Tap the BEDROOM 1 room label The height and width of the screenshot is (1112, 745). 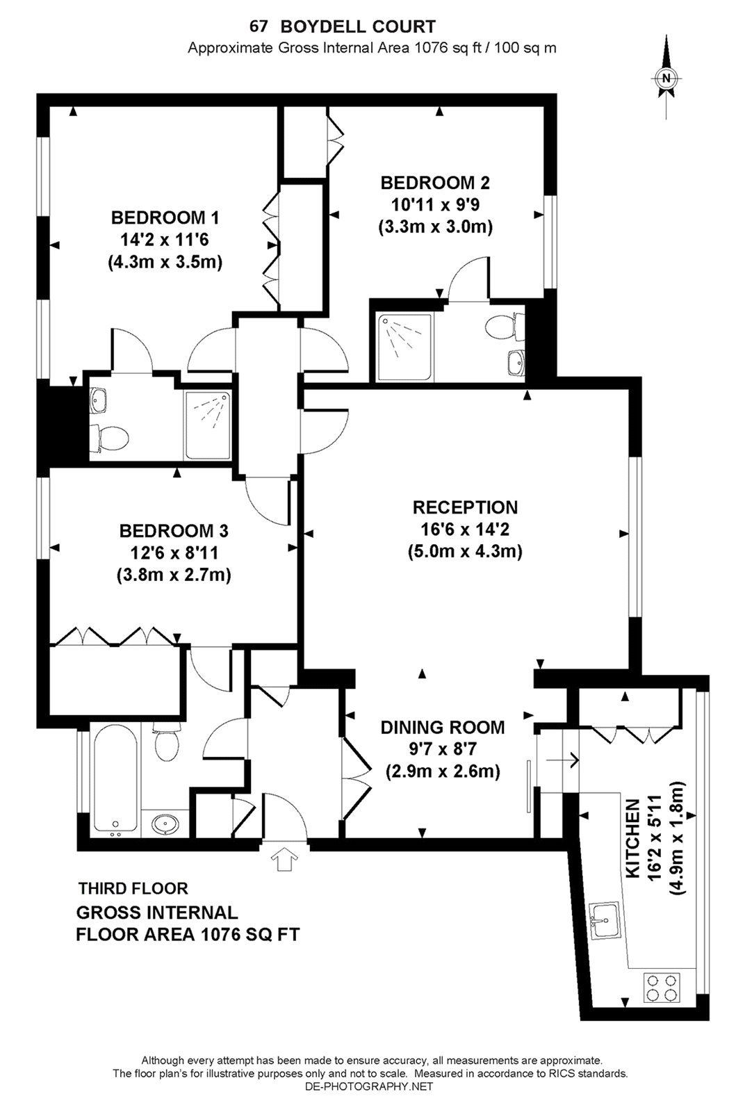point(165,218)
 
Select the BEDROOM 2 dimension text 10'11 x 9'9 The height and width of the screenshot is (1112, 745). point(435,205)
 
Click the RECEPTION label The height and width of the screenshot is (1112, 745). point(465,507)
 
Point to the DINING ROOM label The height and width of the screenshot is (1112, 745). point(442,728)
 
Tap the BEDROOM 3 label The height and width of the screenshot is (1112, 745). point(174,531)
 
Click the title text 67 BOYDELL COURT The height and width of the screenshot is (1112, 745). point(343,27)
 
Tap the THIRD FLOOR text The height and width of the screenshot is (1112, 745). point(133,888)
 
